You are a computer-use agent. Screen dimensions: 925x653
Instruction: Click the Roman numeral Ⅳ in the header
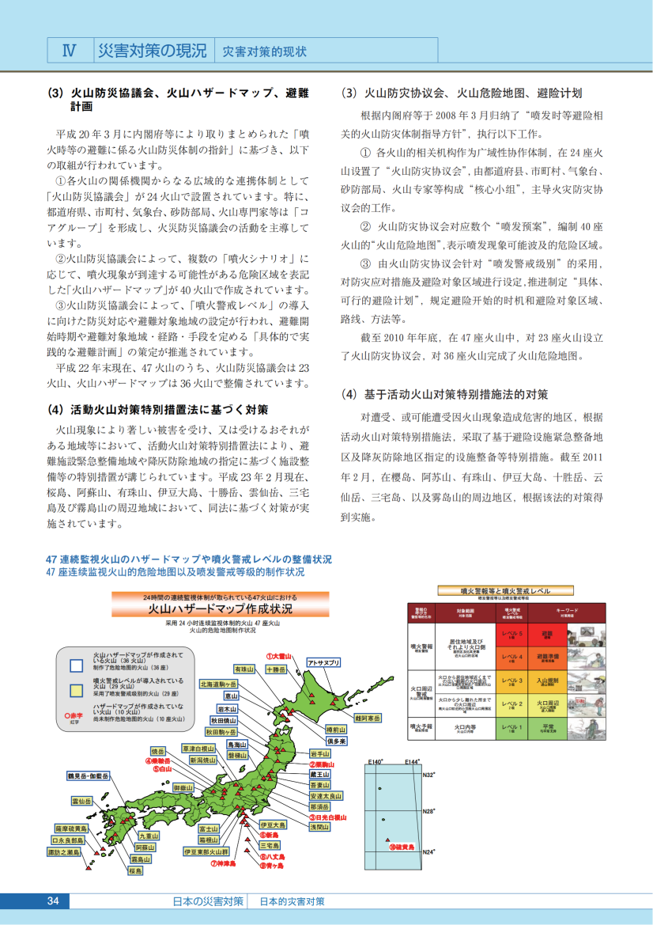coord(69,50)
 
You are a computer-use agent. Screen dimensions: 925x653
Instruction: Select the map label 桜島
coord(135,870)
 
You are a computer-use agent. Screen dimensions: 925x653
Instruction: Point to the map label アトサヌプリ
coord(323,662)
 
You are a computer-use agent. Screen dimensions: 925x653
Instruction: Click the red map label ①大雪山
coord(278,656)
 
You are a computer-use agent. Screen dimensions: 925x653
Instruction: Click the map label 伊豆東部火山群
coord(206,852)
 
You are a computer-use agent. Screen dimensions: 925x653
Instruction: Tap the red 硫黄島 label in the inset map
coord(402,847)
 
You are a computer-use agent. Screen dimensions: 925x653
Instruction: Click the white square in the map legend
coord(76,664)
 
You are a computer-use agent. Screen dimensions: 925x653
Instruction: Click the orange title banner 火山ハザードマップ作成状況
coord(221,609)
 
